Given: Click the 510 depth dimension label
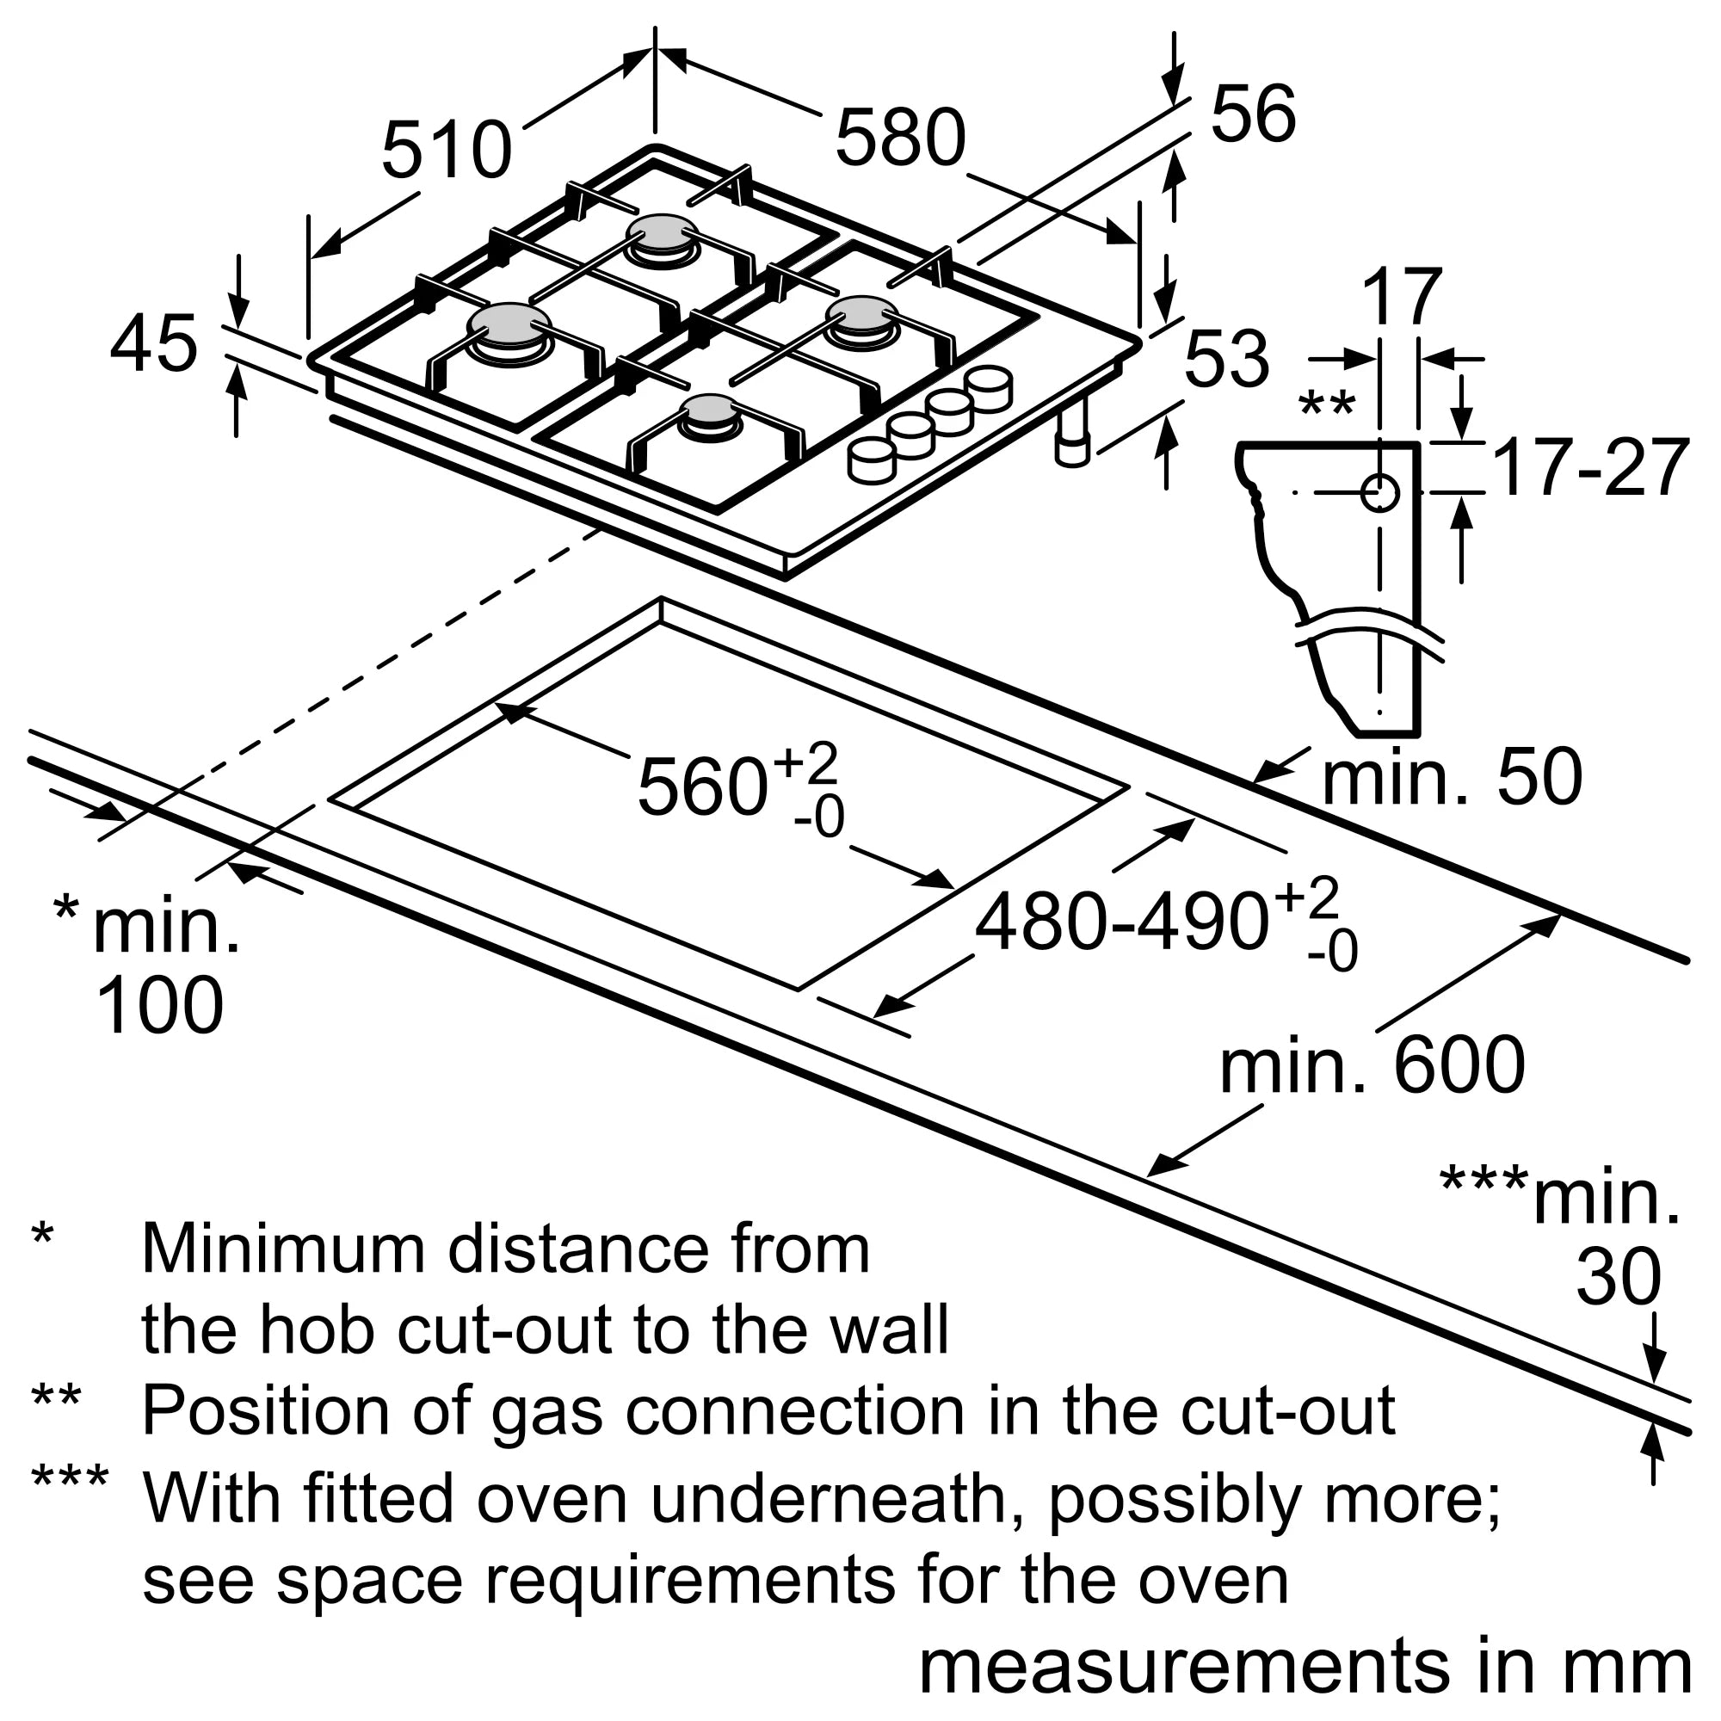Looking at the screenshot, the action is point(447,150).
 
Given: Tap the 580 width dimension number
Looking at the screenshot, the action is point(901,137).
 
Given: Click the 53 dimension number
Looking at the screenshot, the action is point(1226,358).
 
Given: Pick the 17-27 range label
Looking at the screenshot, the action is point(1590,466).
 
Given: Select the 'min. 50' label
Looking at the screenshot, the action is point(1452,777).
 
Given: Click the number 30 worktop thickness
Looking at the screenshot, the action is point(1619,1276).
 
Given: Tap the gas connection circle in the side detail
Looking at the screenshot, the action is point(1379,491).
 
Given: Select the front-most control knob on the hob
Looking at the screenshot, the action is point(871,461).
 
